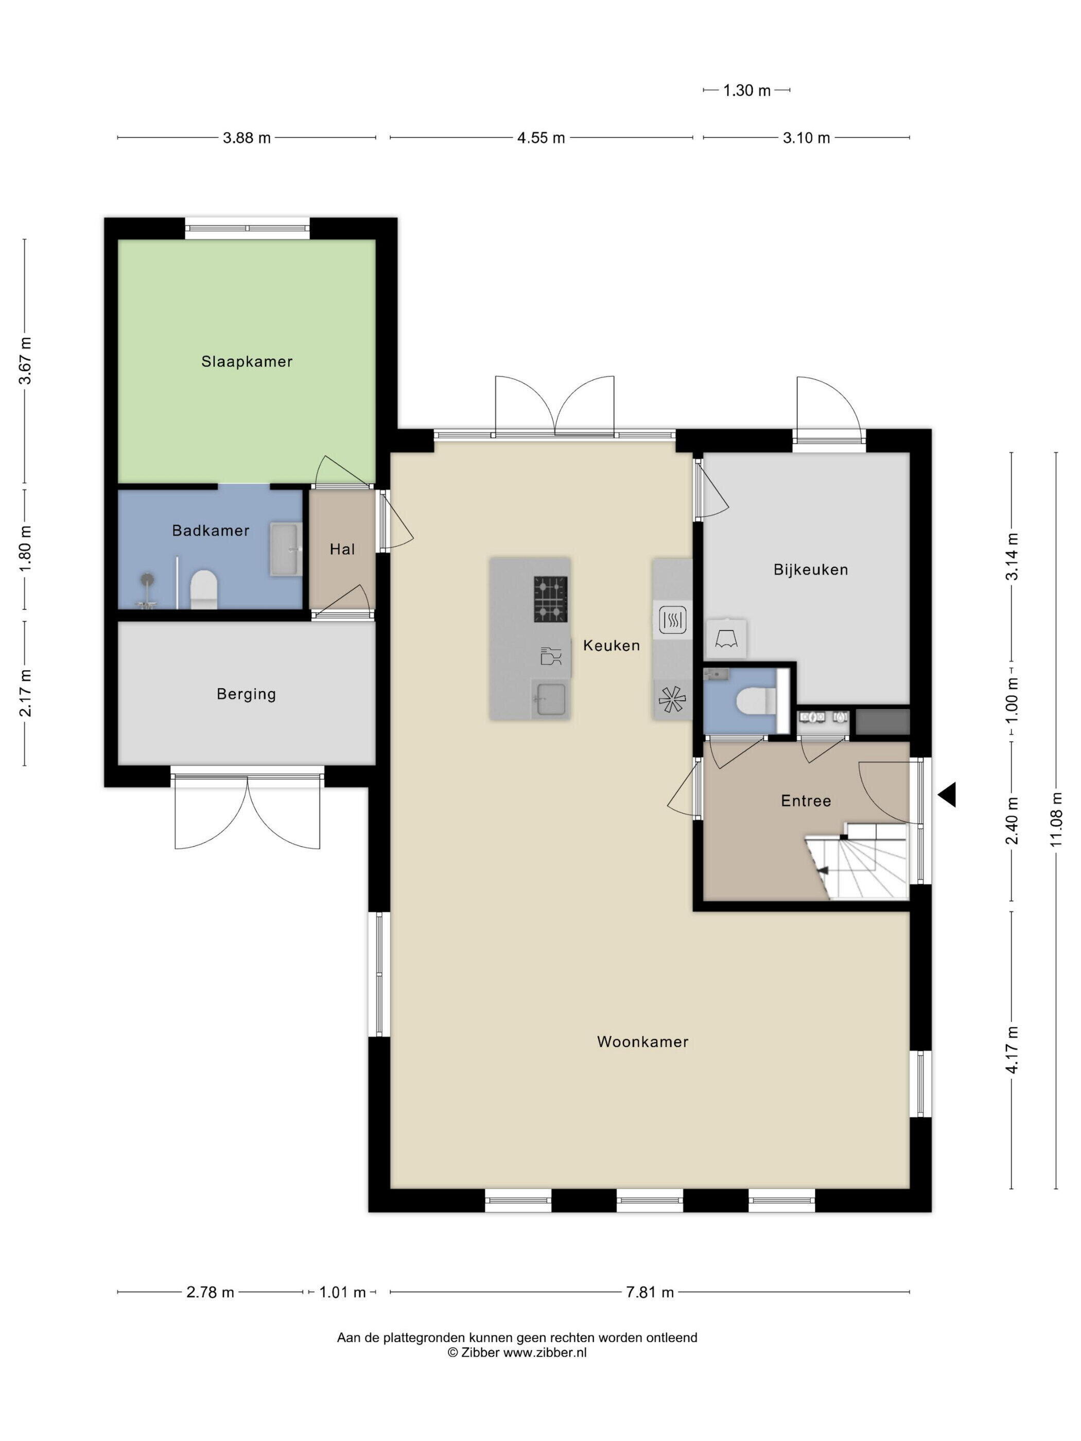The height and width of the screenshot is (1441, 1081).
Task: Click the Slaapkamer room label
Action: (x=246, y=362)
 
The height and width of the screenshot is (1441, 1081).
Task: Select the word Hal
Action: (x=342, y=549)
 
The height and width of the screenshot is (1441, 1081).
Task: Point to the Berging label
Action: (x=246, y=694)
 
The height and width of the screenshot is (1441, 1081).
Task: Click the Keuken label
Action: (x=611, y=645)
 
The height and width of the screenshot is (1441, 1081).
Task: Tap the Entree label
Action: (x=806, y=801)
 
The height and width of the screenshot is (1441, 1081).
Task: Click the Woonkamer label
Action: (x=642, y=1042)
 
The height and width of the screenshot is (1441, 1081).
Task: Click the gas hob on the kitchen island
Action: (x=551, y=600)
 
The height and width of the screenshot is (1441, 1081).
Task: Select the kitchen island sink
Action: (x=551, y=699)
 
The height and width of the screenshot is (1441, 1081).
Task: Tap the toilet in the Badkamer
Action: (x=203, y=589)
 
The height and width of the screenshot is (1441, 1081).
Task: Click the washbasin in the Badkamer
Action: (x=286, y=549)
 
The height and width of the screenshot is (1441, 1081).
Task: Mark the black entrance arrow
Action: (x=948, y=795)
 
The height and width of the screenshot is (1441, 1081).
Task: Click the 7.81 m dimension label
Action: (x=650, y=1292)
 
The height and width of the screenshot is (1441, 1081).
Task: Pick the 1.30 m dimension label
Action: (x=747, y=91)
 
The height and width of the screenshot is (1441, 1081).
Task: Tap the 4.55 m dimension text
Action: (x=541, y=138)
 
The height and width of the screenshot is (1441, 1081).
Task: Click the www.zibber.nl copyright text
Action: (x=517, y=1352)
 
